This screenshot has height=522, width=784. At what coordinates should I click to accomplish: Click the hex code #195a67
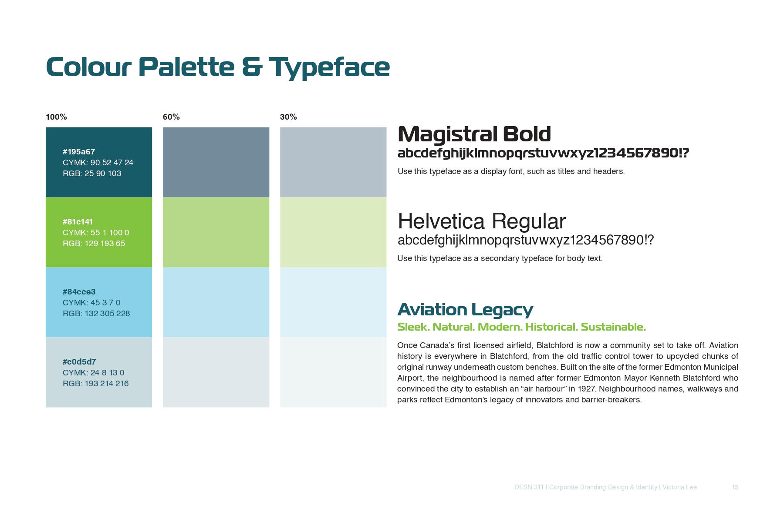point(79,152)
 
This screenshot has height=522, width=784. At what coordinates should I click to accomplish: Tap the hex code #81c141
point(78,222)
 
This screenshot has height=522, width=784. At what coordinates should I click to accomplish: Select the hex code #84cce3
point(79,292)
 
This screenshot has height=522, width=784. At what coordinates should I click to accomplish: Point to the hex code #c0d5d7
point(79,362)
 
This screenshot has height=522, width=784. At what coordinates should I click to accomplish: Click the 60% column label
point(171,117)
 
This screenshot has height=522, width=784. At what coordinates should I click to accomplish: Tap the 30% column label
point(288,117)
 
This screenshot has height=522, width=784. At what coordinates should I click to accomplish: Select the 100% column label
point(56,117)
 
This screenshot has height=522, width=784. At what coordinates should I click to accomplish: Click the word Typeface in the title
point(329,68)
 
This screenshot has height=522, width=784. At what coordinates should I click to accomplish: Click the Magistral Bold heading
point(474,134)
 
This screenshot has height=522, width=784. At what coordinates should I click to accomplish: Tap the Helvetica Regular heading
point(482,221)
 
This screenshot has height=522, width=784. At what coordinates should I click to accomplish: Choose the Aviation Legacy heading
point(465,310)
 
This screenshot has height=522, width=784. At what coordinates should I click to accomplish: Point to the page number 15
point(735,487)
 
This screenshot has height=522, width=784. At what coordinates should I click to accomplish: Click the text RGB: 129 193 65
point(94,244)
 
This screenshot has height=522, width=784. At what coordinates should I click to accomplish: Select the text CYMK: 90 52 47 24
point(98,163)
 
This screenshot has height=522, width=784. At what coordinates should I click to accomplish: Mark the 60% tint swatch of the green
point(216,232)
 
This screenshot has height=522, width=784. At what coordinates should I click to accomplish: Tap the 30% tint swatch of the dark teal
point(333,162)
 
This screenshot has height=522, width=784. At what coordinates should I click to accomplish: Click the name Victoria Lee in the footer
point(679,487)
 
